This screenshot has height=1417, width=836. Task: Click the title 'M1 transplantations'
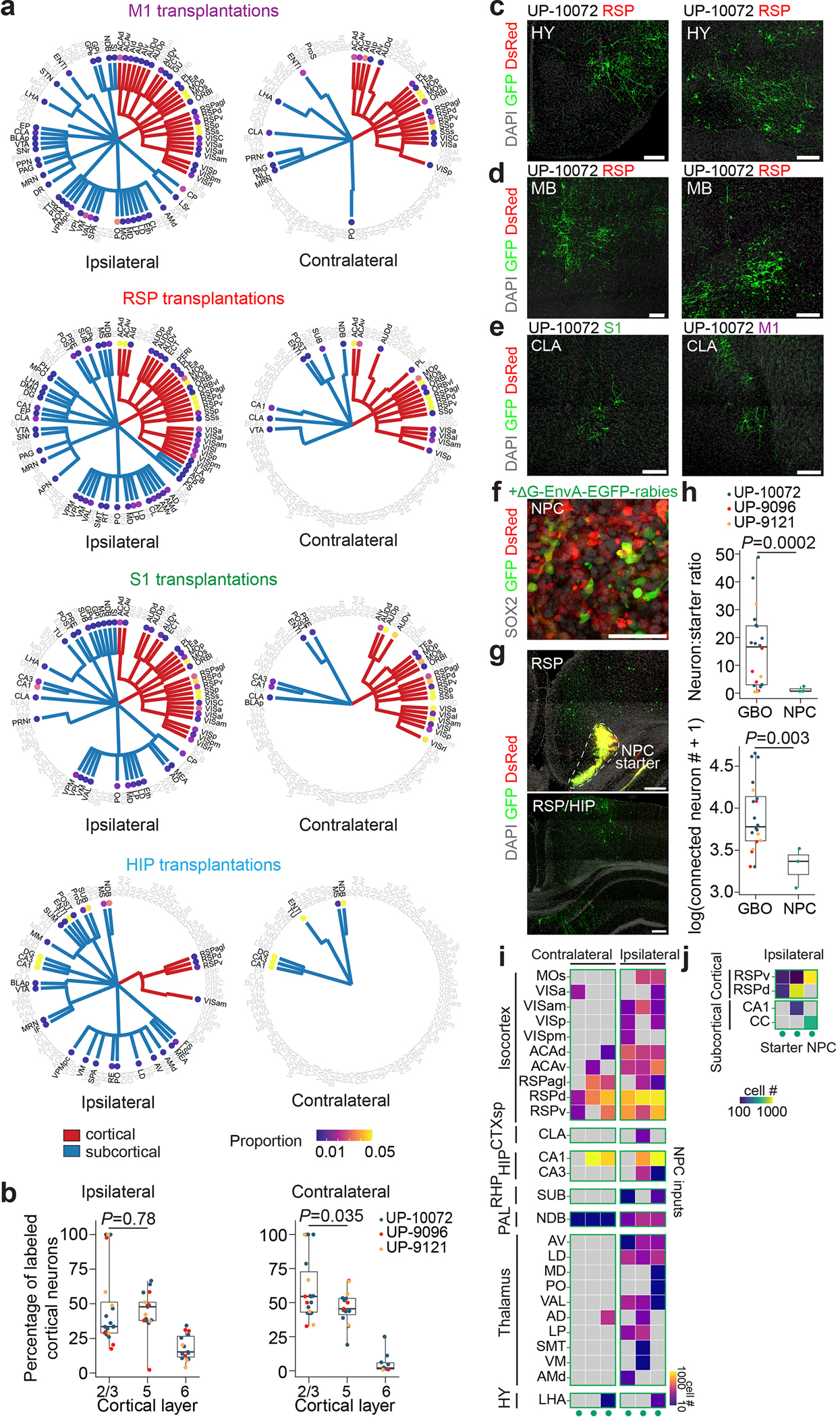tap(203, 11)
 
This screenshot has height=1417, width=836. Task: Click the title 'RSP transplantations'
tap(203, 298)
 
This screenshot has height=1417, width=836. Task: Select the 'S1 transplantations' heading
tap(203, 579)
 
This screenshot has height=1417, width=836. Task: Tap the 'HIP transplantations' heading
tap(203, 864)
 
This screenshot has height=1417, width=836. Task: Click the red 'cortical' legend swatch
tap(72, 1135)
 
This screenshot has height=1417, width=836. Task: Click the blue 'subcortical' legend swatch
tap(72, 1152)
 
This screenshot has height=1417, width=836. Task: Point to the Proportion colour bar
tap(343, 1134)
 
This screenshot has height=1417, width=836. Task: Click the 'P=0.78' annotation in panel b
tap(128, 1219)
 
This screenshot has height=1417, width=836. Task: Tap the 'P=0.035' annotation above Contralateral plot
tap(331, 1215)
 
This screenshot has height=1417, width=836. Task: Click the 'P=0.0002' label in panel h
tap(778, 543)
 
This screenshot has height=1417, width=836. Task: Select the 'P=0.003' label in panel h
tap(777, 738)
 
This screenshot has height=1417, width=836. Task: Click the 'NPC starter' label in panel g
tap(637, 756)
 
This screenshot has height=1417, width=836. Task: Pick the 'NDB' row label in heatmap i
tap(551, 1218)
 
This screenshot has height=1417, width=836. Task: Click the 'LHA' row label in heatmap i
tap(552, 1399)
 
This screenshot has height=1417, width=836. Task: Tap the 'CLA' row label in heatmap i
tap(552, 1134)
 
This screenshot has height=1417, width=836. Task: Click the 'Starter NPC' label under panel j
tap(798, 1047)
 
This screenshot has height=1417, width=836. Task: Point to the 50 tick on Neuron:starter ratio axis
tap(725, 554)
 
